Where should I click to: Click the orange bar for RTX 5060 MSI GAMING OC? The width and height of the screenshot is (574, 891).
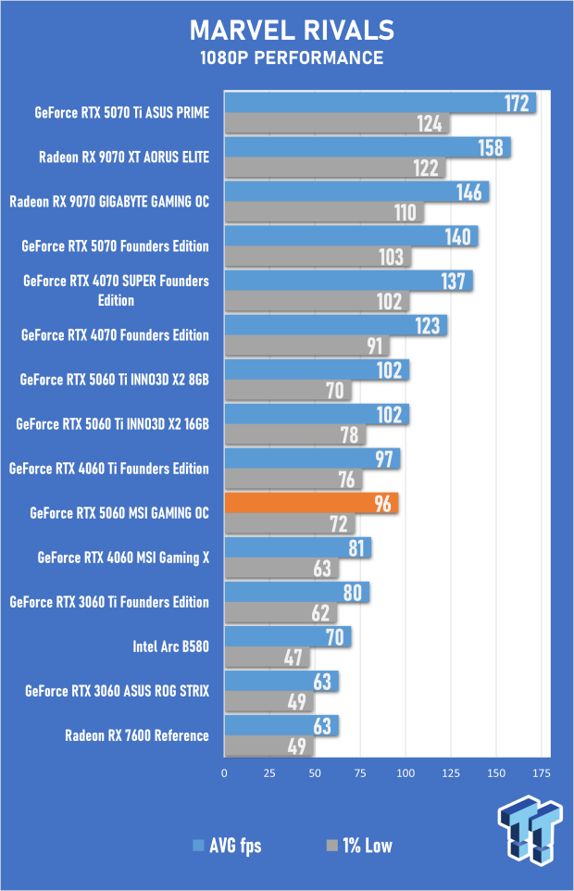pos(311,503)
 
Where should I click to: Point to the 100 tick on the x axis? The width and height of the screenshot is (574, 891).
pos(406,772)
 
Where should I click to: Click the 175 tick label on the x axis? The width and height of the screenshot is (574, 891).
pos(542,772)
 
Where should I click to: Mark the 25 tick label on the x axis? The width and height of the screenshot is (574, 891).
pos(269,772)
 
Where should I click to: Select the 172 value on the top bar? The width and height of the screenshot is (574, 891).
pos(516,103)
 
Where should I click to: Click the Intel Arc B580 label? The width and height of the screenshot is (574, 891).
pos(171,646)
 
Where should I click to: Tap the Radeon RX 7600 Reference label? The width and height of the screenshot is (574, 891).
pos(137,735)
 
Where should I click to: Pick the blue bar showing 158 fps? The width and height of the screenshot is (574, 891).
pos(367,147)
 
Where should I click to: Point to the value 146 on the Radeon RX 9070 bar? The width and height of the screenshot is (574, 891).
pos(468,192)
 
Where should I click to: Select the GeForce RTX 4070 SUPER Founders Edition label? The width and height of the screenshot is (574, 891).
pos(117,290)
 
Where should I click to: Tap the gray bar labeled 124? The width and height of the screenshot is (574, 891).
pos(336,123)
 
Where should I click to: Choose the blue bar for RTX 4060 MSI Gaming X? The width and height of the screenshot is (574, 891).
pos(297,547)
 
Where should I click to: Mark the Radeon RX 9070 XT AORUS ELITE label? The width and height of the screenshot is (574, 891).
pos(124,157)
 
